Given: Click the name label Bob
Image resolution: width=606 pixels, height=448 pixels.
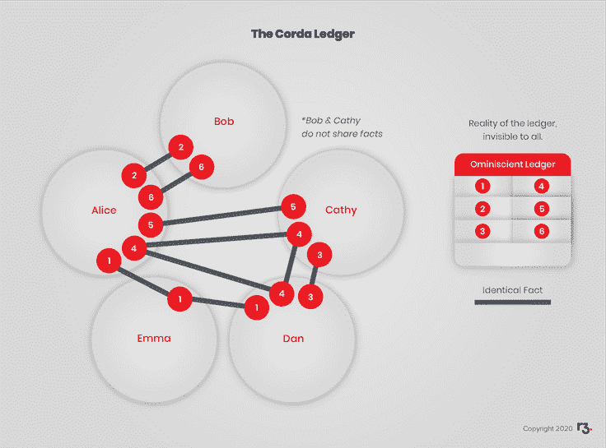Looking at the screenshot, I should [x=224, y=122].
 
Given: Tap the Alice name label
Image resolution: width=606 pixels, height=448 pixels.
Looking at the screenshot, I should [x=104, y=210].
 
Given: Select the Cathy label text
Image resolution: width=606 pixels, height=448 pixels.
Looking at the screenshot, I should [x=341, y=210].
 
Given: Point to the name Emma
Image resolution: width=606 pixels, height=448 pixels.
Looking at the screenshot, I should [x=153, y=338].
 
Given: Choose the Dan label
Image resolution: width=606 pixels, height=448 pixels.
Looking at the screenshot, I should [x=292, y=338].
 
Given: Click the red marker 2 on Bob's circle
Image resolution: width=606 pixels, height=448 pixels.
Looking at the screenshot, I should [x=180, y=148].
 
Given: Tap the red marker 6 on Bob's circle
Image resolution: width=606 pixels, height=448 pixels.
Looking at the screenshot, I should [x=201, y=168].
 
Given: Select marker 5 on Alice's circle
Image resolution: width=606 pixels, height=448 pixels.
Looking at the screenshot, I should [x=151, y=223].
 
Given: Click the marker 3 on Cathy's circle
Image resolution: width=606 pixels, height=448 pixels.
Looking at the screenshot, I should [x=319, y=256].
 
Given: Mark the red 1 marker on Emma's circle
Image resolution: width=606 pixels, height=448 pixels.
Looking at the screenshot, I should [x=179, y=300].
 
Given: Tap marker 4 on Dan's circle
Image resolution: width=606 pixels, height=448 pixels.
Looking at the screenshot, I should [x=282, y=293].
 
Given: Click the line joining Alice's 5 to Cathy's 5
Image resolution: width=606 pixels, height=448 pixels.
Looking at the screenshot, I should [x=222, y=215].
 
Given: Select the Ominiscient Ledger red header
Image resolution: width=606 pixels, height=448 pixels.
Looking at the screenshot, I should [x=512, y=164].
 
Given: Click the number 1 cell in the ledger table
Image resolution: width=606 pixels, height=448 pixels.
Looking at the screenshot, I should [x=482, y=187].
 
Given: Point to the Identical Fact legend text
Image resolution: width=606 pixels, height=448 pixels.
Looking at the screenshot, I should [x=512, y=290].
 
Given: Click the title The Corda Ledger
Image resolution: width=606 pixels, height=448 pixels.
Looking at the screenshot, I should [x=303, y=35].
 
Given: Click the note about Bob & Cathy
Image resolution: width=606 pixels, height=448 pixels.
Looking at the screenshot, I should [x=343, y=127].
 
